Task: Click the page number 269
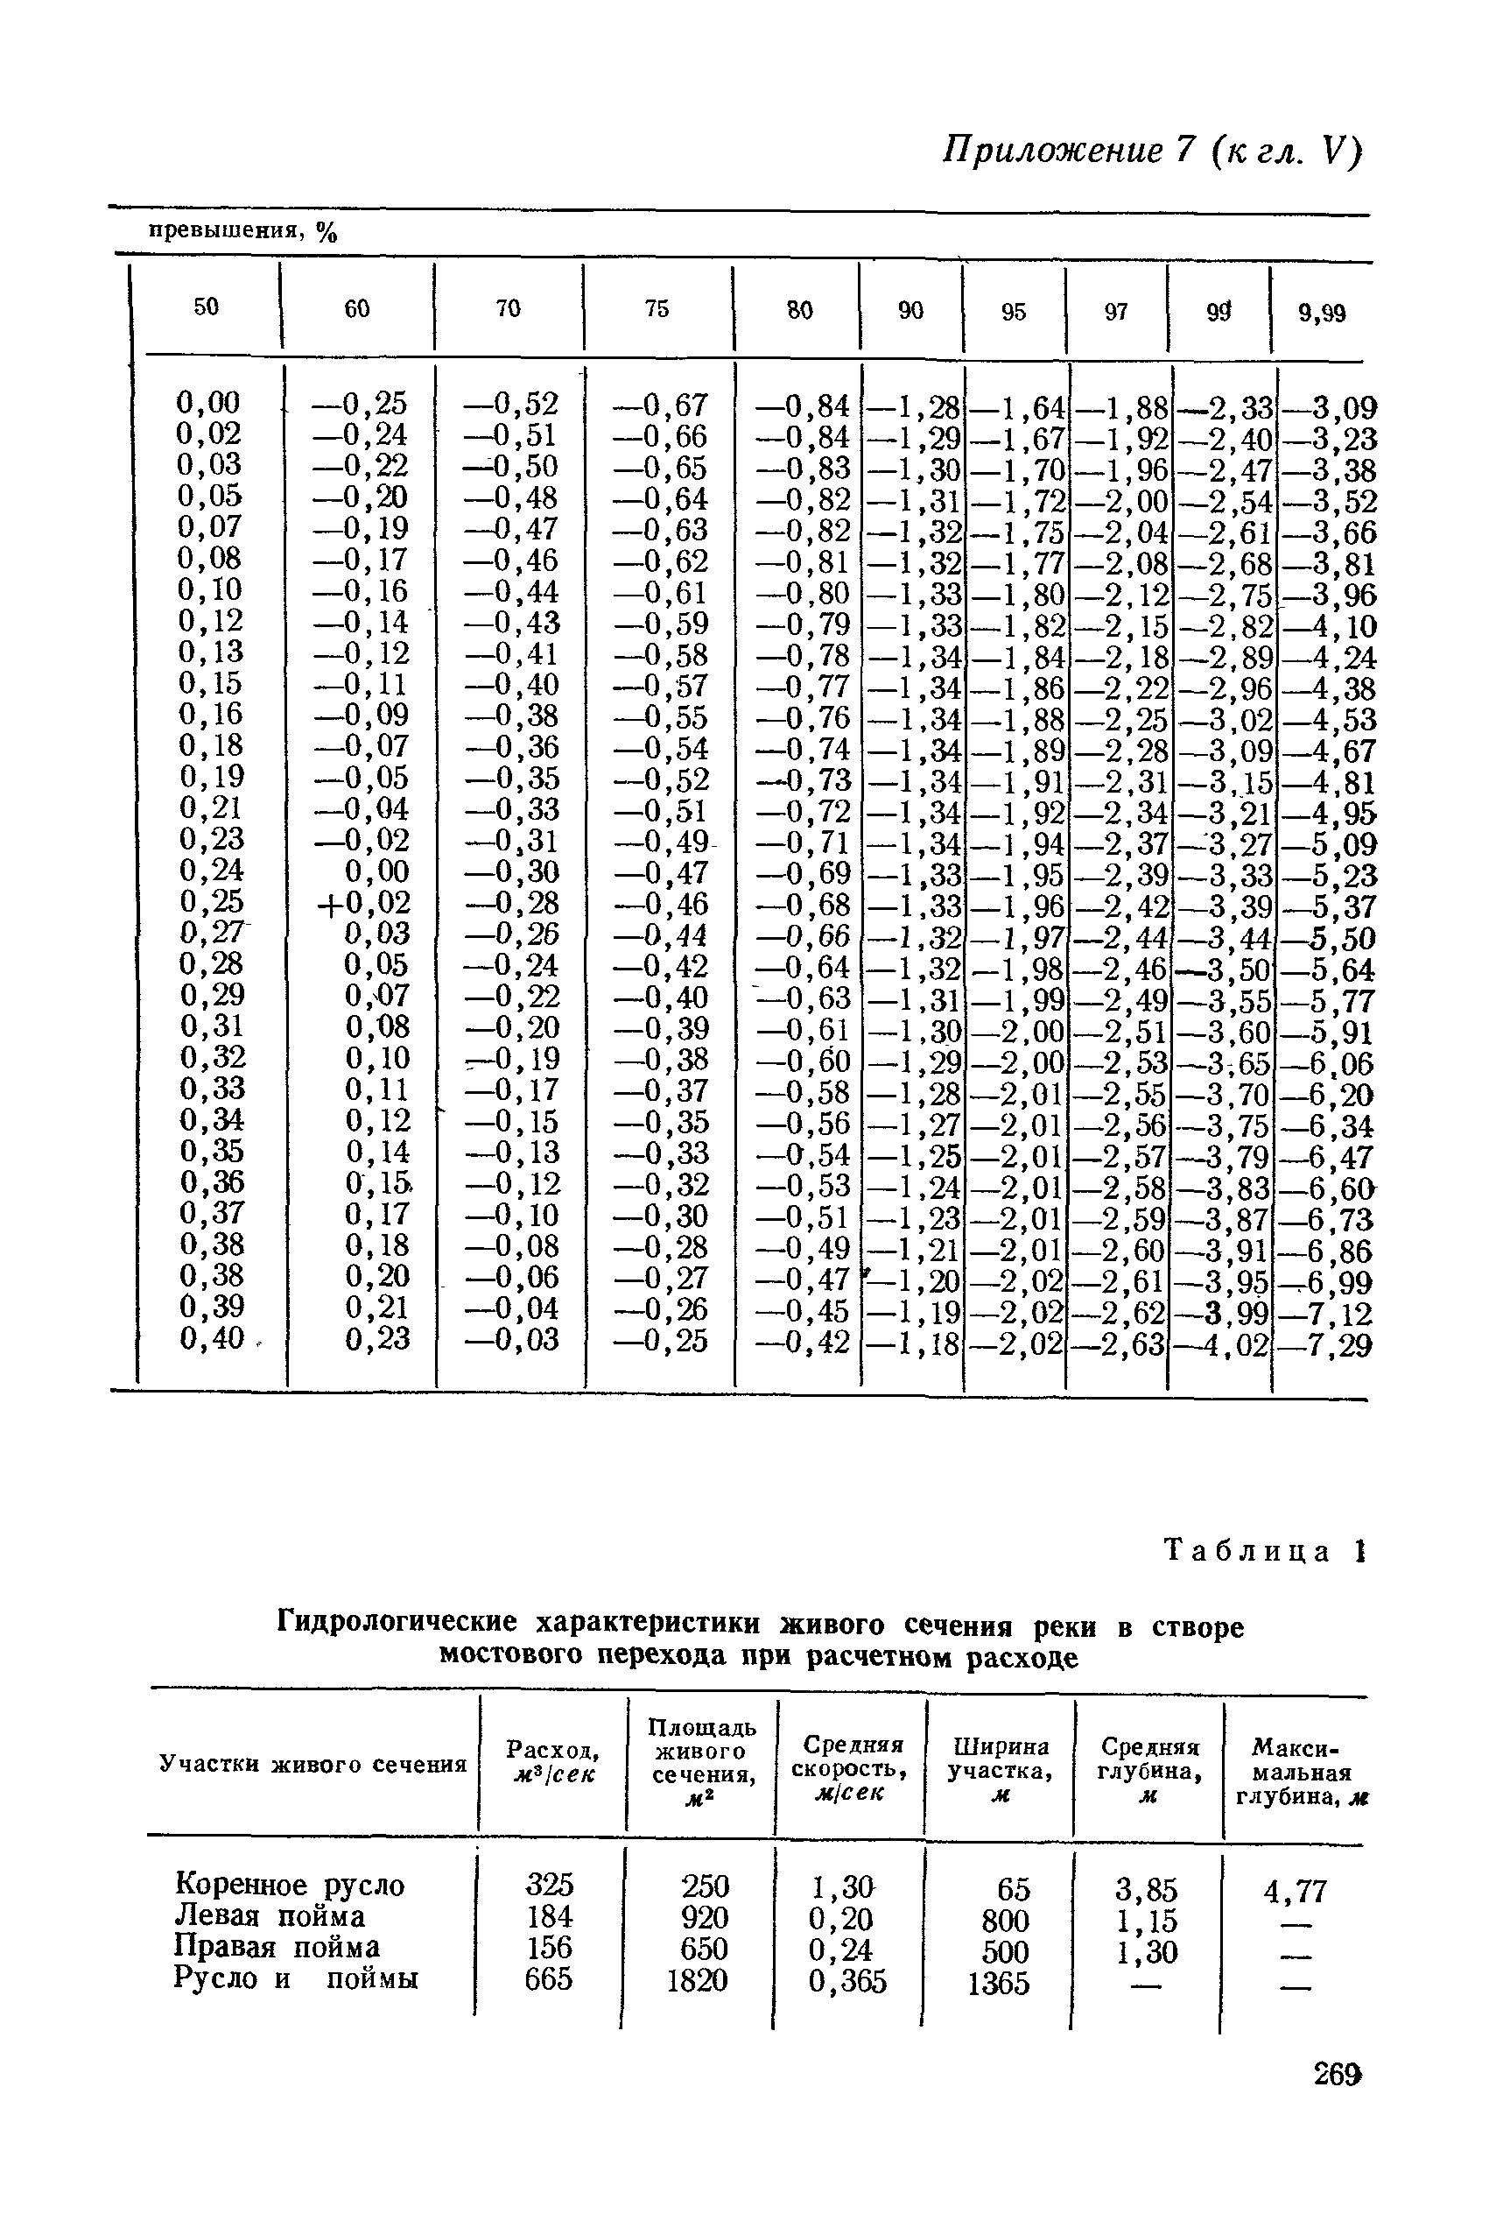[x=1338, y=2075]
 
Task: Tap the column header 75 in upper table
[x=657, y=308]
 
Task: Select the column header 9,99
[x=1322, y=314]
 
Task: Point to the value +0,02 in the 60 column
[x=365, y=901]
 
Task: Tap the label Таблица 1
[x=1263, y=1552]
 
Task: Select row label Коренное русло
[x=290, y=1885]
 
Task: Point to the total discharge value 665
[x=549, y=1978]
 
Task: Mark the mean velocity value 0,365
[x=847, y=1981]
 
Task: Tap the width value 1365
[x=998, y=1983]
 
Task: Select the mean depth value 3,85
[x=1146, y=1888]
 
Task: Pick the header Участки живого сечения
[x=313, y=1764]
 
